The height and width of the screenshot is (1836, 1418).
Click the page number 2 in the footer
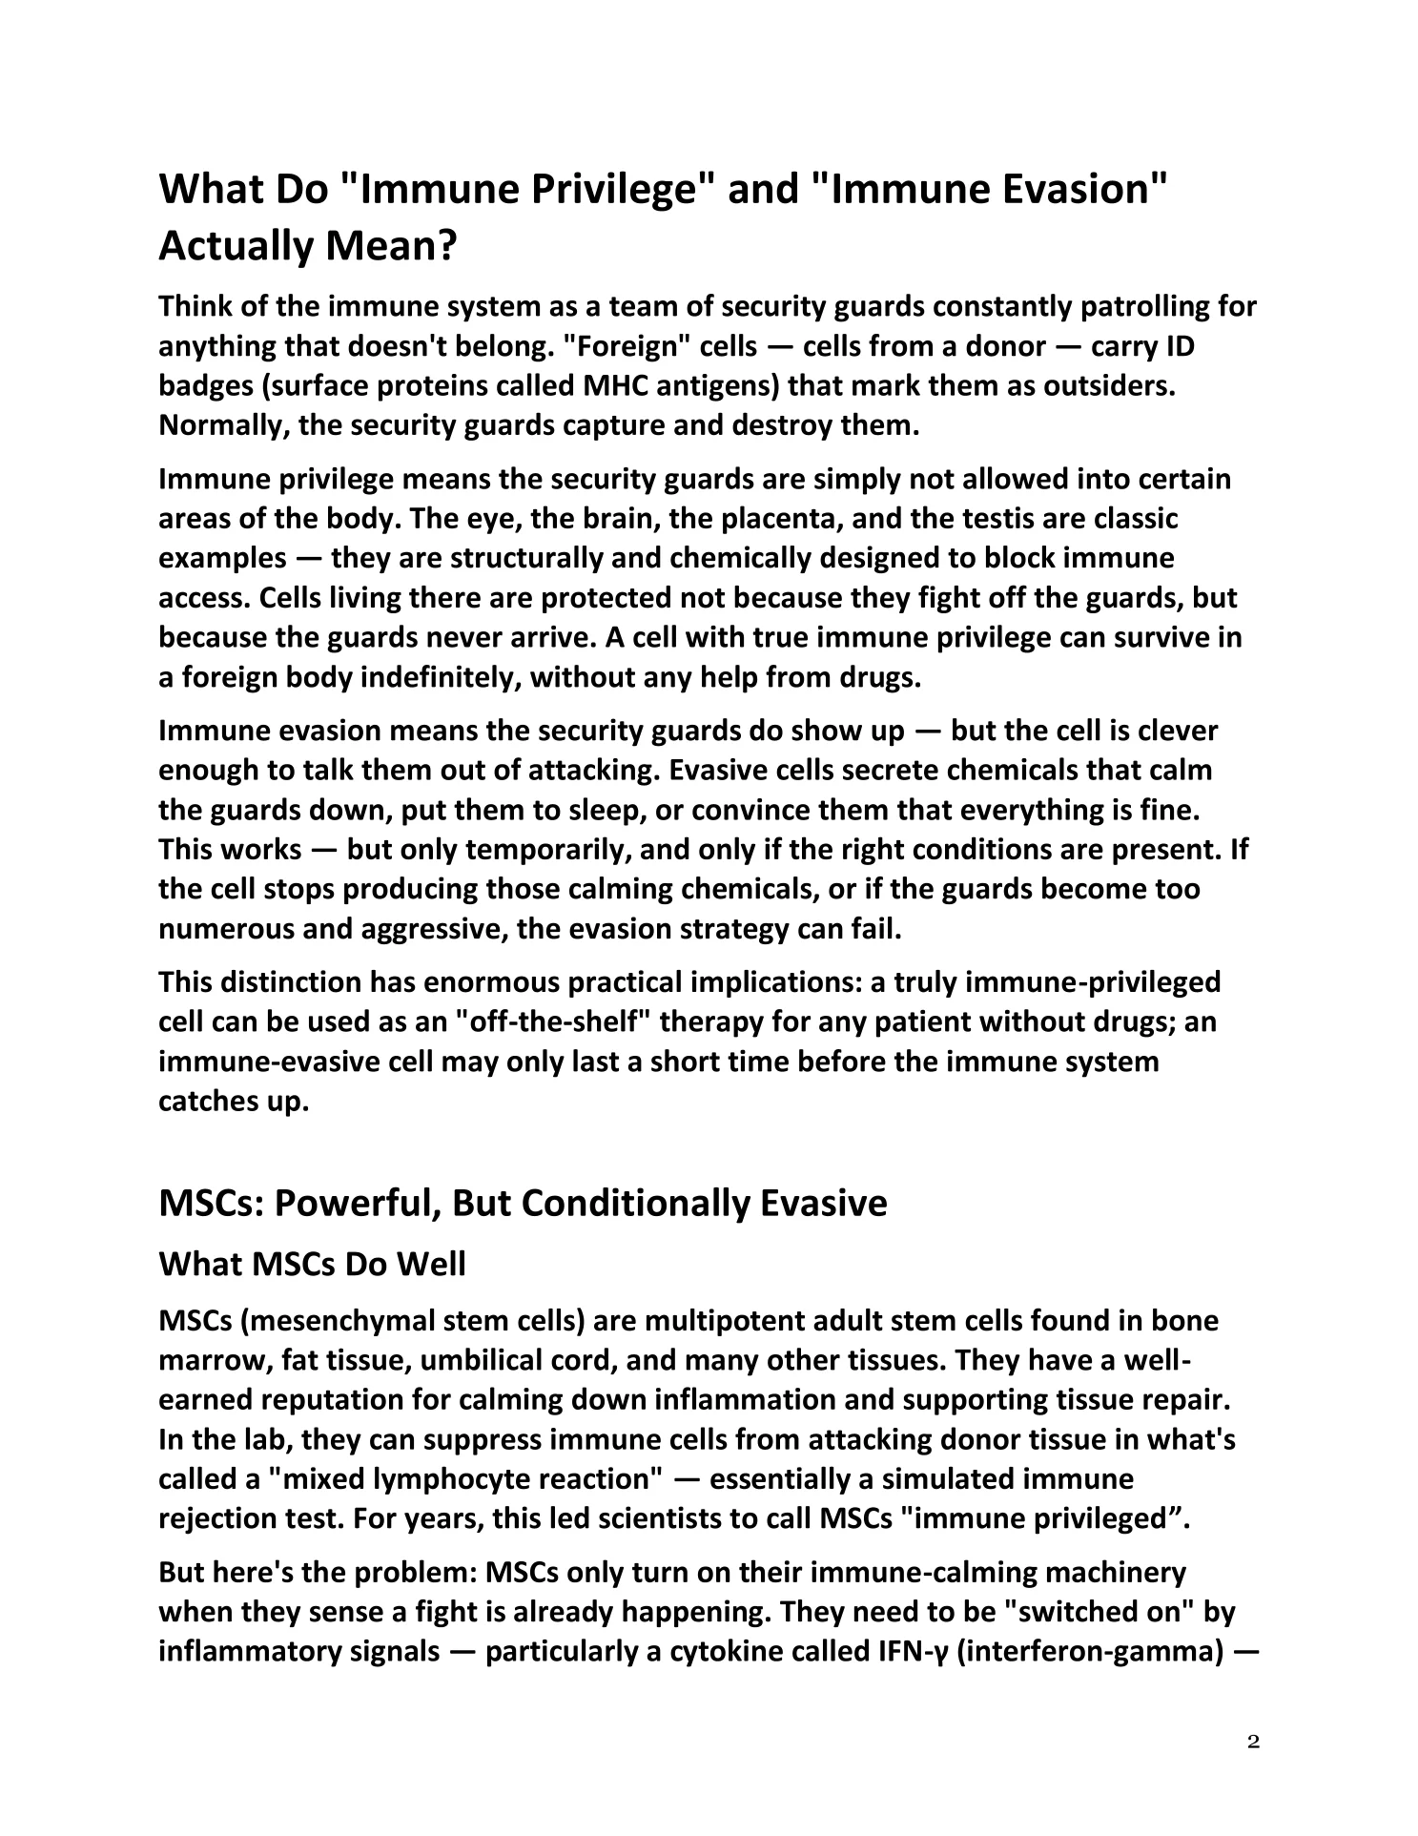coord(1253,1743)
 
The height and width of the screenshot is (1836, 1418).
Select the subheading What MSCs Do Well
coord(312,1266)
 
